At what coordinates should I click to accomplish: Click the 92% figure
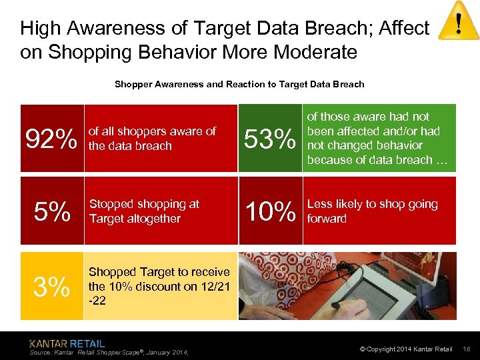pyautogui.click(x=51, y=139)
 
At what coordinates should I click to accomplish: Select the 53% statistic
pyautogui.click(x=270, y=139)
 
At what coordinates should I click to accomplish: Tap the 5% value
pyautogui.click(x=52, y=212)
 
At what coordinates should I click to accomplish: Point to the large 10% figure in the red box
pyautogui.click(x=270, y=212)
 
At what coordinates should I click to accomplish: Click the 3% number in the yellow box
pyautogui.click(x=51, y=287)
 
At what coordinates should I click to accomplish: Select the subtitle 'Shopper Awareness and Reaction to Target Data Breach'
pyautogui.click(x=239, y=84)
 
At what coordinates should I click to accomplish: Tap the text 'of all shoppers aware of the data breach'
pyautogui.click(x=152, y=139)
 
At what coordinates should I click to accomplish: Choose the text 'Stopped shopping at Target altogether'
pyautogui.click(x=144, y=211)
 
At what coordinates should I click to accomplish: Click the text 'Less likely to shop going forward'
pyautogui.click(x=372, y=211)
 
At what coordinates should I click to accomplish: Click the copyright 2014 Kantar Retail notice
pyautogui.click(x=405, y=349)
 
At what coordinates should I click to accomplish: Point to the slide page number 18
pyautogui.click(x=467, y=349)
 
